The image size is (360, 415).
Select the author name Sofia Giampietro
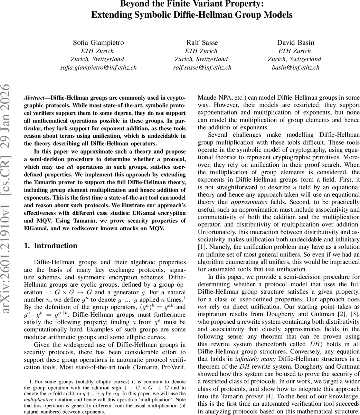[98, 43]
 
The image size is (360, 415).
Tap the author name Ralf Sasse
[202, 43]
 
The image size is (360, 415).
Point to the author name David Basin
[296, 43]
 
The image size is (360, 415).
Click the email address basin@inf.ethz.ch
[296, 67]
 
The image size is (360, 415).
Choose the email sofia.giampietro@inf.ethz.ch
[98, 67]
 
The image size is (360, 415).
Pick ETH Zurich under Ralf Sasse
[202, 51]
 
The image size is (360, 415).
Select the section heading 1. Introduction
[51, 246]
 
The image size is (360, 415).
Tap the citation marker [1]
[202, 247]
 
